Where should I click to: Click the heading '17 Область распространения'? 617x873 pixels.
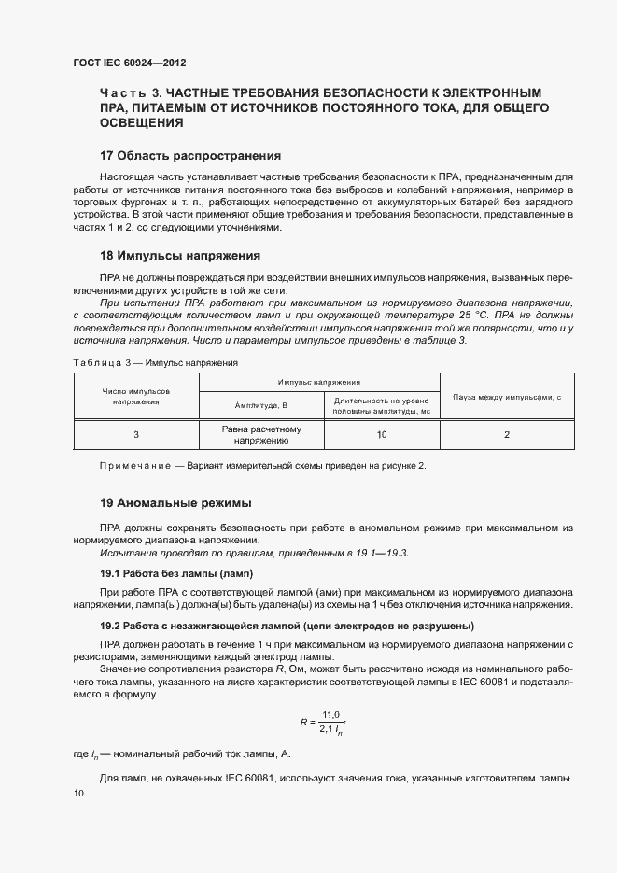190,155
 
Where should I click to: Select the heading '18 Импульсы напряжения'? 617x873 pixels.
179,255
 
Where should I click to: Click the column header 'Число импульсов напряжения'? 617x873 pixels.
135,395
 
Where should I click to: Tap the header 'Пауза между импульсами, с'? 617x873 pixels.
506,397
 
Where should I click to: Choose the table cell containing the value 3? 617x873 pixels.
136,435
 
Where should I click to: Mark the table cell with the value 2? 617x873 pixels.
506,435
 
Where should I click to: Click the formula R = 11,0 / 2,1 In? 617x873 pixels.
322,722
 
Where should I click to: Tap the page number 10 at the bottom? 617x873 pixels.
78,794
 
